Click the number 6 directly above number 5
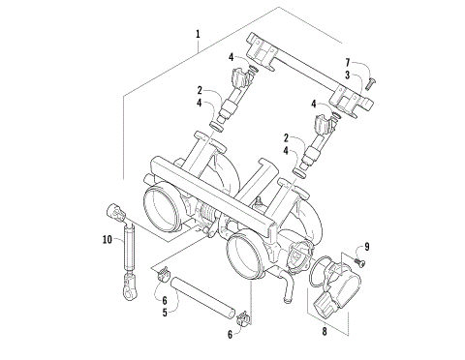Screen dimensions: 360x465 click(x=164, y=300)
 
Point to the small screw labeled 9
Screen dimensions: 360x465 click(x=356, y=259)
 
